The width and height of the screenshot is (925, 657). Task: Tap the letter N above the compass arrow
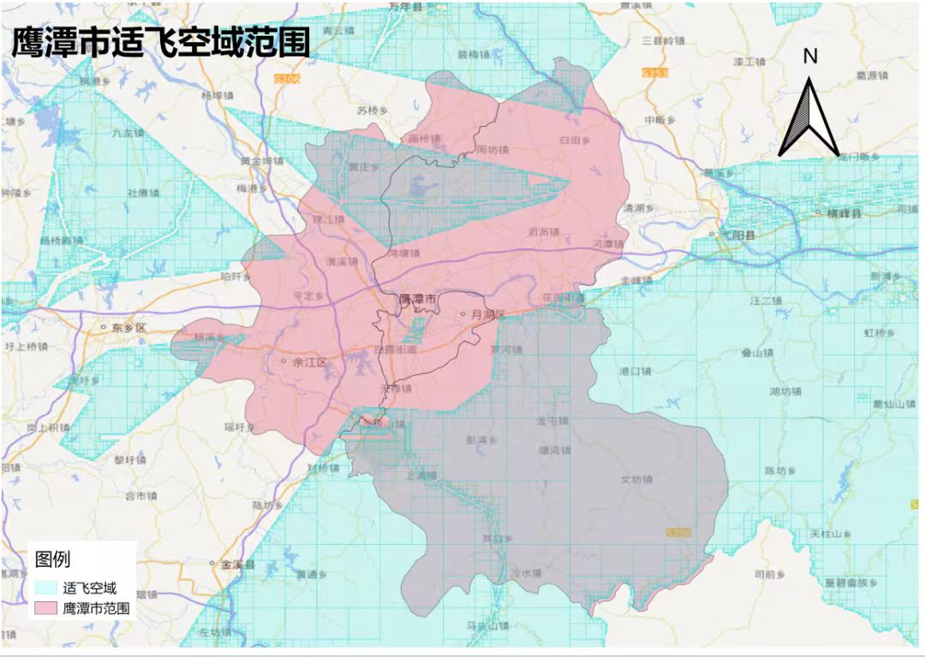[x=810, y=57]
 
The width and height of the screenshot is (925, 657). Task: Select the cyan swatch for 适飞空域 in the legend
[x=46, y=588]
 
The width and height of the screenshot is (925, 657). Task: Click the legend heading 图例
[x=53, y=559]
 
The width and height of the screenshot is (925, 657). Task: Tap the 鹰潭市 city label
[x=417, y=300]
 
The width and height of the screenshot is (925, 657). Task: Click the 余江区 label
[x=309, y=362]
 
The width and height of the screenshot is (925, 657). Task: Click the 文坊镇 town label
[x=636, y=480]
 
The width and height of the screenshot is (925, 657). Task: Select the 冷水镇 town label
[x=526, y=573]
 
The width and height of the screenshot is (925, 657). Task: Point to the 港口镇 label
[x=635, y=371]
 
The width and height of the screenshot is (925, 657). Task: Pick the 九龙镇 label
[x=127, y=133]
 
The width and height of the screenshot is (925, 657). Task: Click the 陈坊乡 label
[x=780, y=470]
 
